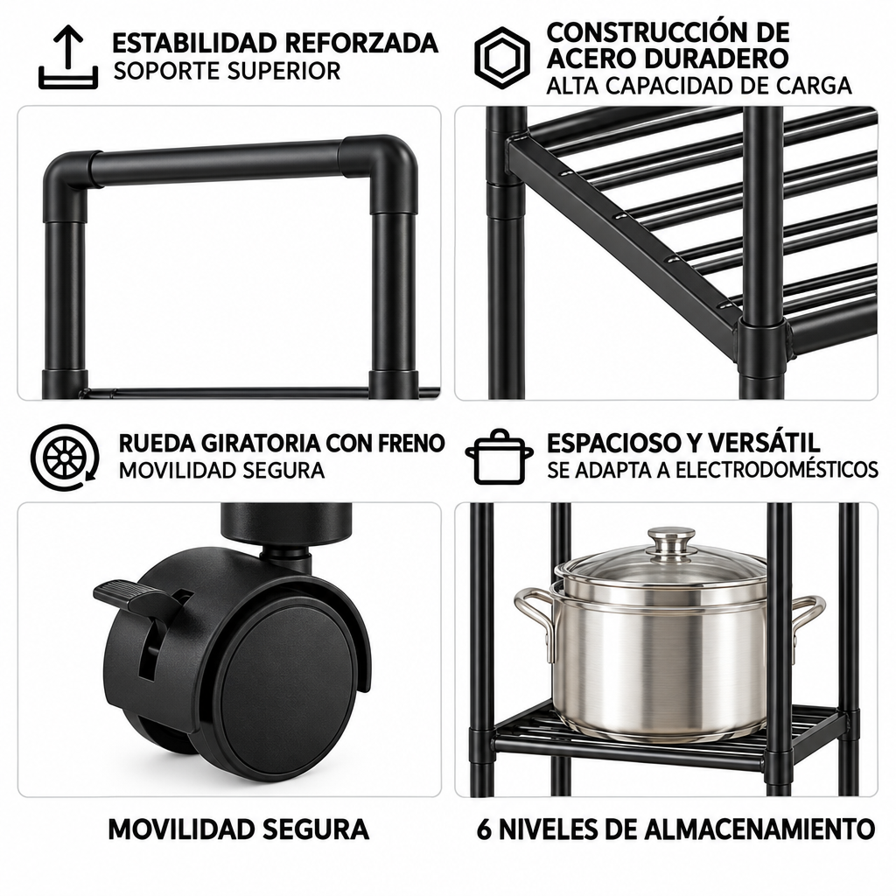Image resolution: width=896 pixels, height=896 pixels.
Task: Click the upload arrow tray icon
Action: pos(68,57)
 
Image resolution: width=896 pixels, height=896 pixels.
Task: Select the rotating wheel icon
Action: pos(65,457)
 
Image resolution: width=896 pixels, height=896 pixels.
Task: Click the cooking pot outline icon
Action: pos(499,457)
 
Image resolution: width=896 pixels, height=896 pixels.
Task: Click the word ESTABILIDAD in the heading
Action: pos(194,43)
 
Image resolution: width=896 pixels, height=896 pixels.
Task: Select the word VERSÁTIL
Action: pos(764,443)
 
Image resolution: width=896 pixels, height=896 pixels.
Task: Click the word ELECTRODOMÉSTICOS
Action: pos(777,470)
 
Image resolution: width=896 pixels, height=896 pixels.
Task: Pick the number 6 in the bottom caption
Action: pos(484,829)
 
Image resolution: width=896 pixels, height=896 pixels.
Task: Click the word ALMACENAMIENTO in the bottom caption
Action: pos(760,829)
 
